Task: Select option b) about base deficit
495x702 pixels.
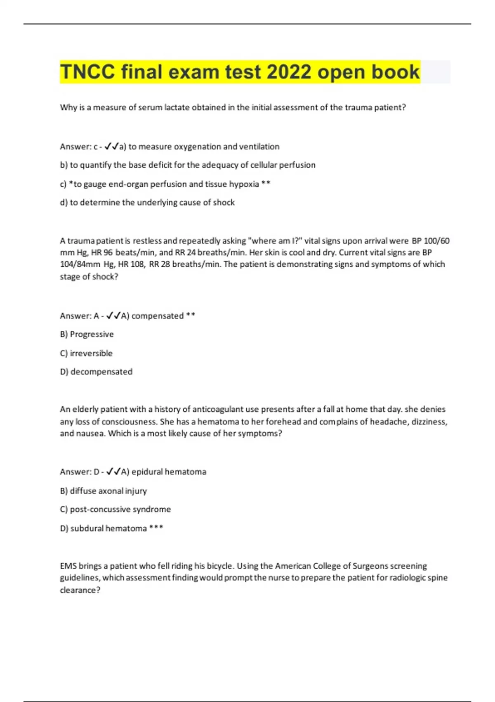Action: [x=188, y=165]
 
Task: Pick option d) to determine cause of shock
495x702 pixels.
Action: [x=147, y=203]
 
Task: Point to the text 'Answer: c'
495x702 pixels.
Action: [x=79, y=147]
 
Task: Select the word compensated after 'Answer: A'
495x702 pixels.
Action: [x=157, y=316]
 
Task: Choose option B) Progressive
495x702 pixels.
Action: [x=87, y=334]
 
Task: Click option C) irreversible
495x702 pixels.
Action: [x=86, y=353]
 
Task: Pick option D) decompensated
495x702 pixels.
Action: [x=96, y=372]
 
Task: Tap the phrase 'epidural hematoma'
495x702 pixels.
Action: [x=169, y=472]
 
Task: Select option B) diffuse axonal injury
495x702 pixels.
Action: [x=104, y=491]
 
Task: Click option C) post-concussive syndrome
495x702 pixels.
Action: [x=115, y=510]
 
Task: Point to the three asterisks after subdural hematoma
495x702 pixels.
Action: [x=156, y=528]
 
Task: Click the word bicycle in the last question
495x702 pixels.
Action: [x=219, y=566]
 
